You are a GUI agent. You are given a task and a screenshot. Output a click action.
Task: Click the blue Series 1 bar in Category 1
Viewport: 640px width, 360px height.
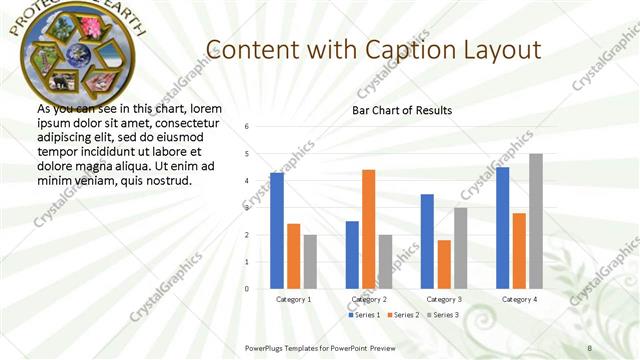pos(277,231)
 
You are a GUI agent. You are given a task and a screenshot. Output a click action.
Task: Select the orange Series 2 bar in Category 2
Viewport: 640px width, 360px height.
pos(368,229)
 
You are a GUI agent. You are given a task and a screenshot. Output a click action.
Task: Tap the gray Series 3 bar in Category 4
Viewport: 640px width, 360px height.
pos(536,221)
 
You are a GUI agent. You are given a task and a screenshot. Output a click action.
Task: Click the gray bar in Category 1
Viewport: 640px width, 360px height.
pos(310,262)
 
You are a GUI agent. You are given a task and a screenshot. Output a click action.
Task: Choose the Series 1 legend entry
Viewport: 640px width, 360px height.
pos(364,315)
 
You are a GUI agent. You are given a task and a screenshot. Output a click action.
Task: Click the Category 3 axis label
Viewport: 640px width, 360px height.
pos(444,299)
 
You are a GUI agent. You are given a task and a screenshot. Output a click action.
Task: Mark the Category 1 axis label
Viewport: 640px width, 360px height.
pos(293,299)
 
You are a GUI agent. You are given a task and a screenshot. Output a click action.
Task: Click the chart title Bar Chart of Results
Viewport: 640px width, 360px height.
pos(402,110)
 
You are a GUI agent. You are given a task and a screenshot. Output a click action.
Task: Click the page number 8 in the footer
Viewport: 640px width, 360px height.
pos(589,347)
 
